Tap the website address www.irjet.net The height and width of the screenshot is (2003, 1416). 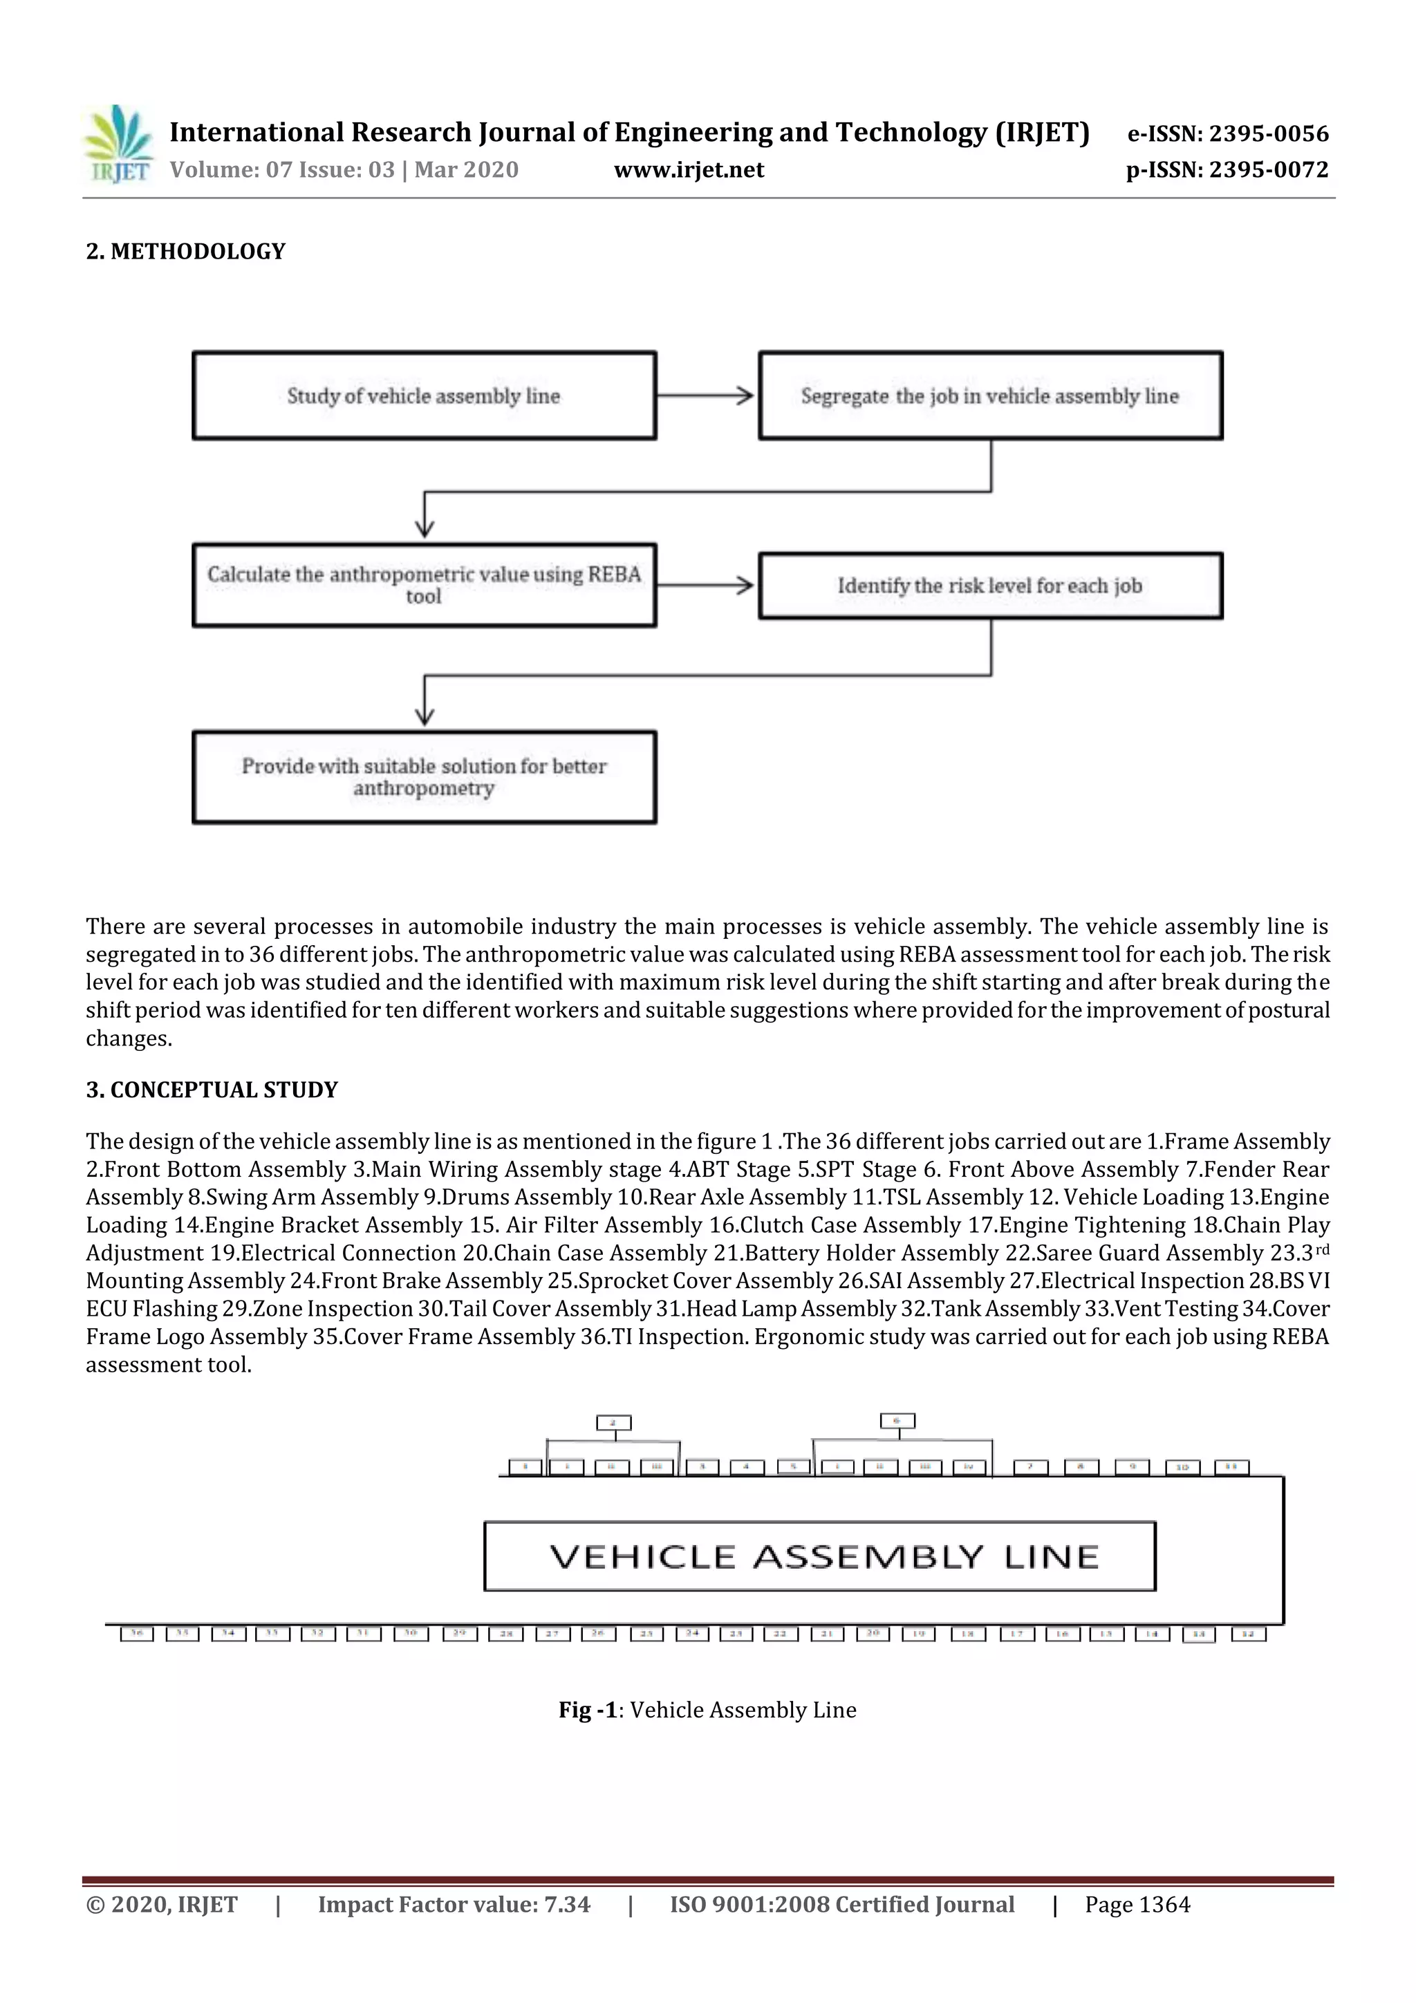pyautogui.click(x=689, y=170)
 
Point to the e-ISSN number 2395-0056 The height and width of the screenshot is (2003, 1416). pyautogui.click(x=1269, y=134)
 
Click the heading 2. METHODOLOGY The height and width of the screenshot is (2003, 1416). pyautogui.click(x=185, y=252)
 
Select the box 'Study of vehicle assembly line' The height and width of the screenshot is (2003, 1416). pyautogui.click(x=424, y=396)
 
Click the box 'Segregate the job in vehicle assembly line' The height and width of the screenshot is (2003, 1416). pyautogui.click(x=990, y=396)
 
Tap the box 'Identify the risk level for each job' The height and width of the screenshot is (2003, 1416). pyautogui.click(x=990, y=586)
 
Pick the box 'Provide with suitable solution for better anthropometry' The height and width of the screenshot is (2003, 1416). pyautogui.click(x=424, y=777)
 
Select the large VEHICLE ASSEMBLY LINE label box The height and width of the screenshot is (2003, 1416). pyautogui.click(x=819, y=1557)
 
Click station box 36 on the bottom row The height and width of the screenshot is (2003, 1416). pyautogui.click(x=136, y=1633)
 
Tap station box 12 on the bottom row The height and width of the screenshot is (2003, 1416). pyautogui.click(x=1247, y=1634)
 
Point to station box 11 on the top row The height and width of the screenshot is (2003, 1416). pyautogui.click(x=1231, y=1467)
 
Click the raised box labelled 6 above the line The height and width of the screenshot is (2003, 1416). pyautogui.click(x=897, y=1421)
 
